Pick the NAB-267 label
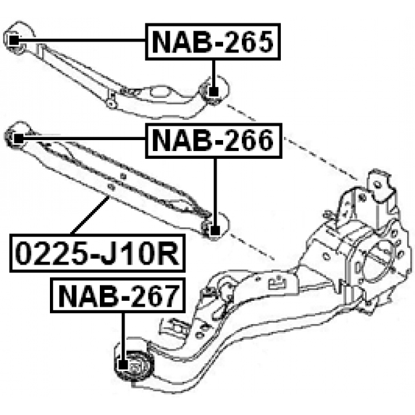click(x=117, y=296)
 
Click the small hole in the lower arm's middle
click(x=112, y=186)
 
